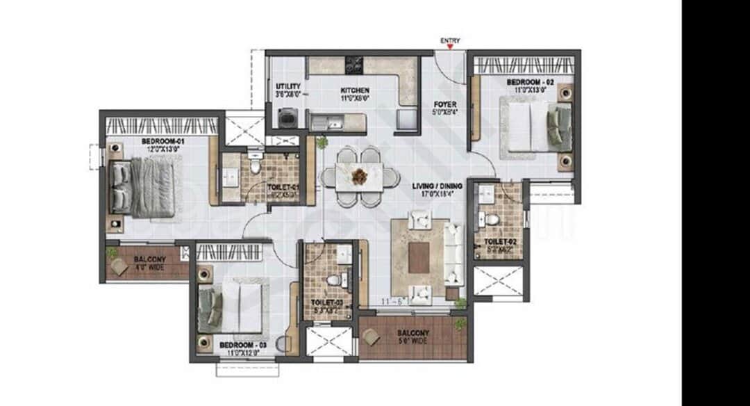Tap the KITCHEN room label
(x=354, y=91)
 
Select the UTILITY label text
(x=288, y=86)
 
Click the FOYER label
(x=445, y=104)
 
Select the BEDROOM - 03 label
(x=243, y=346)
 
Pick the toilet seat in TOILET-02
(x=492, y=220)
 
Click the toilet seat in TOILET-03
(x=333, y=280)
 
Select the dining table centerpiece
(x=359, y=177)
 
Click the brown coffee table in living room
(x=419, y=257)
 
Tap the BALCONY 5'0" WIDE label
(x=414, y=337)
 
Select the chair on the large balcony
(x=371, y=337)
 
